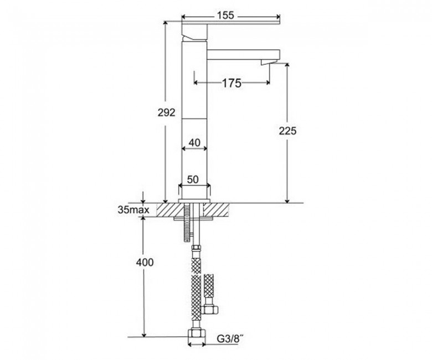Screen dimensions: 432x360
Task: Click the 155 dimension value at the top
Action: (x=225, y=16)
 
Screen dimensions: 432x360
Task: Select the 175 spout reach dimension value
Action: (x=232, y=83)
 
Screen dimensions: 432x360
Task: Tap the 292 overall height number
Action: (x=166, y=112)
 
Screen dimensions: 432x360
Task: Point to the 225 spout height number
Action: (x=287, y=131)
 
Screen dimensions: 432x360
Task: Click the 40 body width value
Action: (x=194, y=143)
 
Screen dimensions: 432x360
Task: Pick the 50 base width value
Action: (x=193, y=179)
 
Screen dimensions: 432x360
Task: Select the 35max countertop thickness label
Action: (x=133, y=210)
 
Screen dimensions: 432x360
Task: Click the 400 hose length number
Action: (x=145, y=263)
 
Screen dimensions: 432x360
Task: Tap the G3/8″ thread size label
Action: (x=230, y=338)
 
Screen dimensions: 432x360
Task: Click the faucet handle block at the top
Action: (x=194, y=31)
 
